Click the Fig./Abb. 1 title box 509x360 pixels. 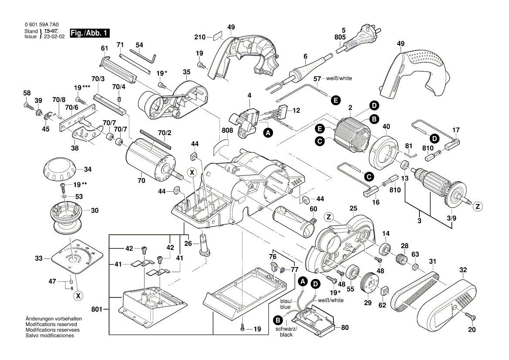point(90,33)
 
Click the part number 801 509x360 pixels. point(97,309)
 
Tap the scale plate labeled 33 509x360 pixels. point(75,258)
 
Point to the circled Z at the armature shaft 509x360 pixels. point(477,207)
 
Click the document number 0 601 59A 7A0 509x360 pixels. point(42,25)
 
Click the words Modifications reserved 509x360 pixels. point(51,325)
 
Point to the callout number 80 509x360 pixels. point(345,327)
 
